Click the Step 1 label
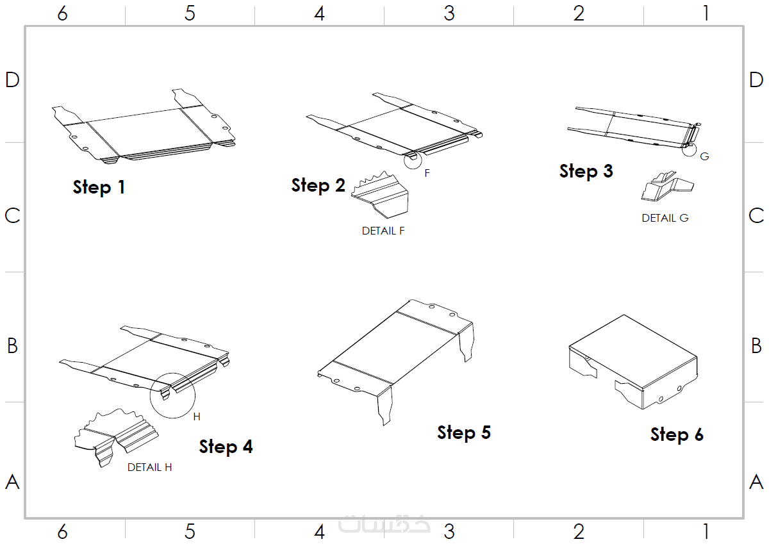[99, 187]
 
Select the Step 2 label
[318, 185]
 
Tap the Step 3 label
[586, 171]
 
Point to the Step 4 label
[226, 447]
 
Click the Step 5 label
[464, 433]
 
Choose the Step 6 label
[677, 434]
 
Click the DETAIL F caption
[383, 231]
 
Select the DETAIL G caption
[665, 218]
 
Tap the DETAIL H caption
[149, 468]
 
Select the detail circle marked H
[150, 396]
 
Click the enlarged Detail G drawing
[666, 186]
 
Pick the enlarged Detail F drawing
[380, 195]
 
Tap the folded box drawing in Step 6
[633, 362]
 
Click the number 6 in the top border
[63, 13]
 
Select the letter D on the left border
[12, 80]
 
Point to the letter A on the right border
[756, 482]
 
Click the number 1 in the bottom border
[706, 532]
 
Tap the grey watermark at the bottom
[384, 524]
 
